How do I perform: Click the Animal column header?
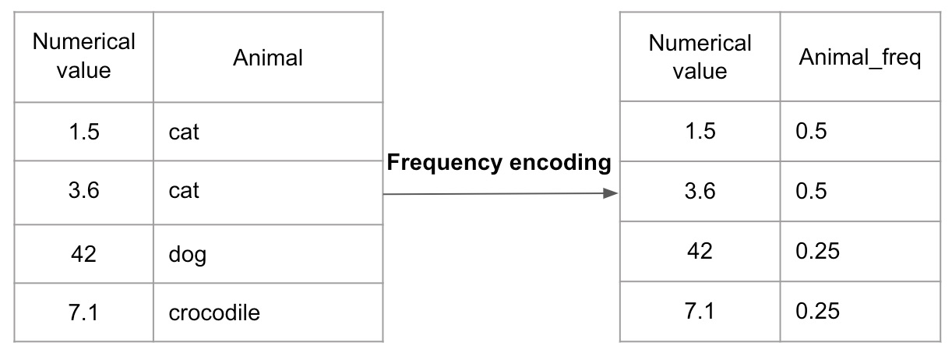point(268,58)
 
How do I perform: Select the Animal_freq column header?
point(860,58)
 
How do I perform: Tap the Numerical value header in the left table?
point(83,56)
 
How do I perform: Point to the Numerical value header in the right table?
point(699,57)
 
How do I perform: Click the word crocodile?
point(214,313)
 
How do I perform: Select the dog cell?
point(187,254)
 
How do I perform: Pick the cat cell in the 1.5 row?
point(184,132)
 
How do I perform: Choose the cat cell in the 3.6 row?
point(184,191)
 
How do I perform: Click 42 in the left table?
point(83,253)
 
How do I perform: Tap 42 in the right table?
point(699,252)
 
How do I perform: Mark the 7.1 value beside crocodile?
point(83,313)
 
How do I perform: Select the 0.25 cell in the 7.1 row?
point(817,312)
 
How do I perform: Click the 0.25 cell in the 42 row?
point(817,252)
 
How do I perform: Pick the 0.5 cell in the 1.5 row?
point(811,131)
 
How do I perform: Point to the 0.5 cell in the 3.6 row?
point(811,191)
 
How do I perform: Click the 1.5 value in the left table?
point(83,132)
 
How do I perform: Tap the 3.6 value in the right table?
point(699,191)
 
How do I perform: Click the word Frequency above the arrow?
point(443,163)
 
